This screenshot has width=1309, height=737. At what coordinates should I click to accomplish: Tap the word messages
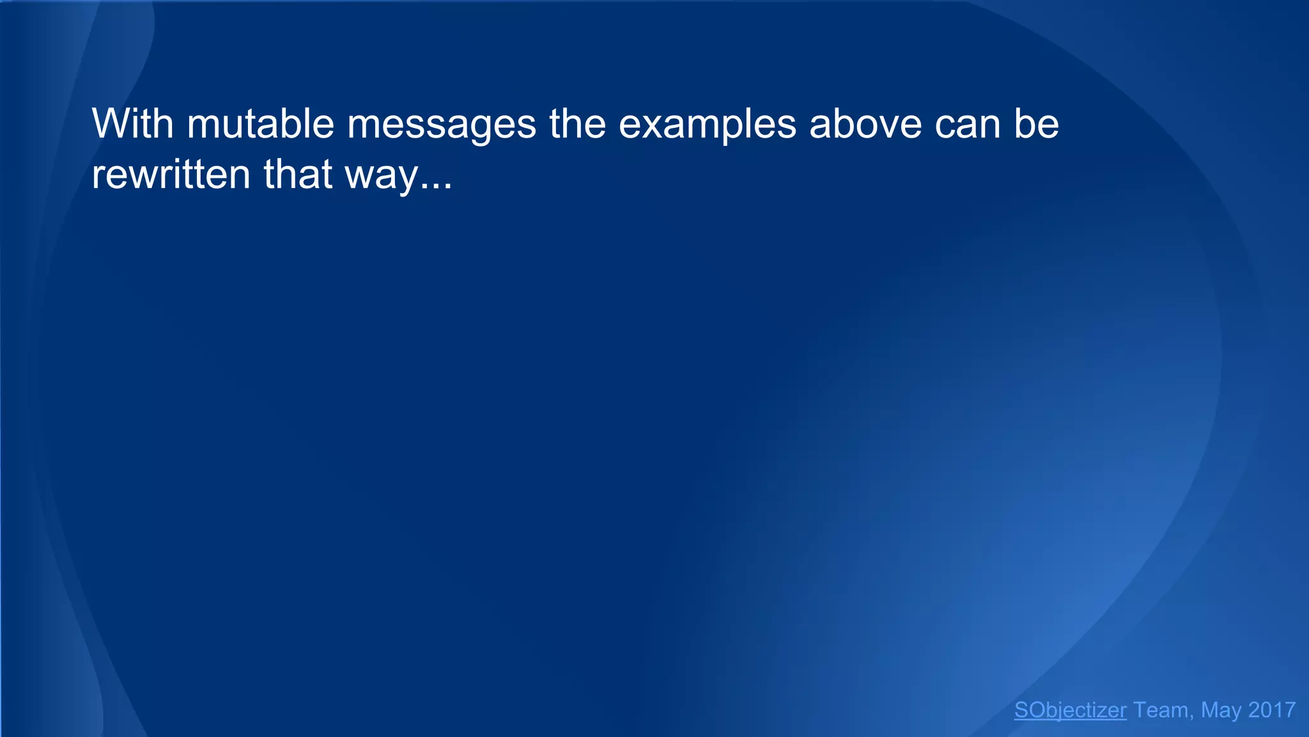[442, 125]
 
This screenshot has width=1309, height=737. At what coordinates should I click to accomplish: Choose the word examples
[708, 125]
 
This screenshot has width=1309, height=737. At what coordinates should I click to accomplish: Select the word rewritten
[171, 174]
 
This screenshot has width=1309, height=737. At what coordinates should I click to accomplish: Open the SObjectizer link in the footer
[1070, 710]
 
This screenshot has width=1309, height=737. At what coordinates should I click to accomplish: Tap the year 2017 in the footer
[1272, 710]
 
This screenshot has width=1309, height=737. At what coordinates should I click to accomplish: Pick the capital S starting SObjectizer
[1021, 710]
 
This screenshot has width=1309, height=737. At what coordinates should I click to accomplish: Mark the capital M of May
[1211, 710]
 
